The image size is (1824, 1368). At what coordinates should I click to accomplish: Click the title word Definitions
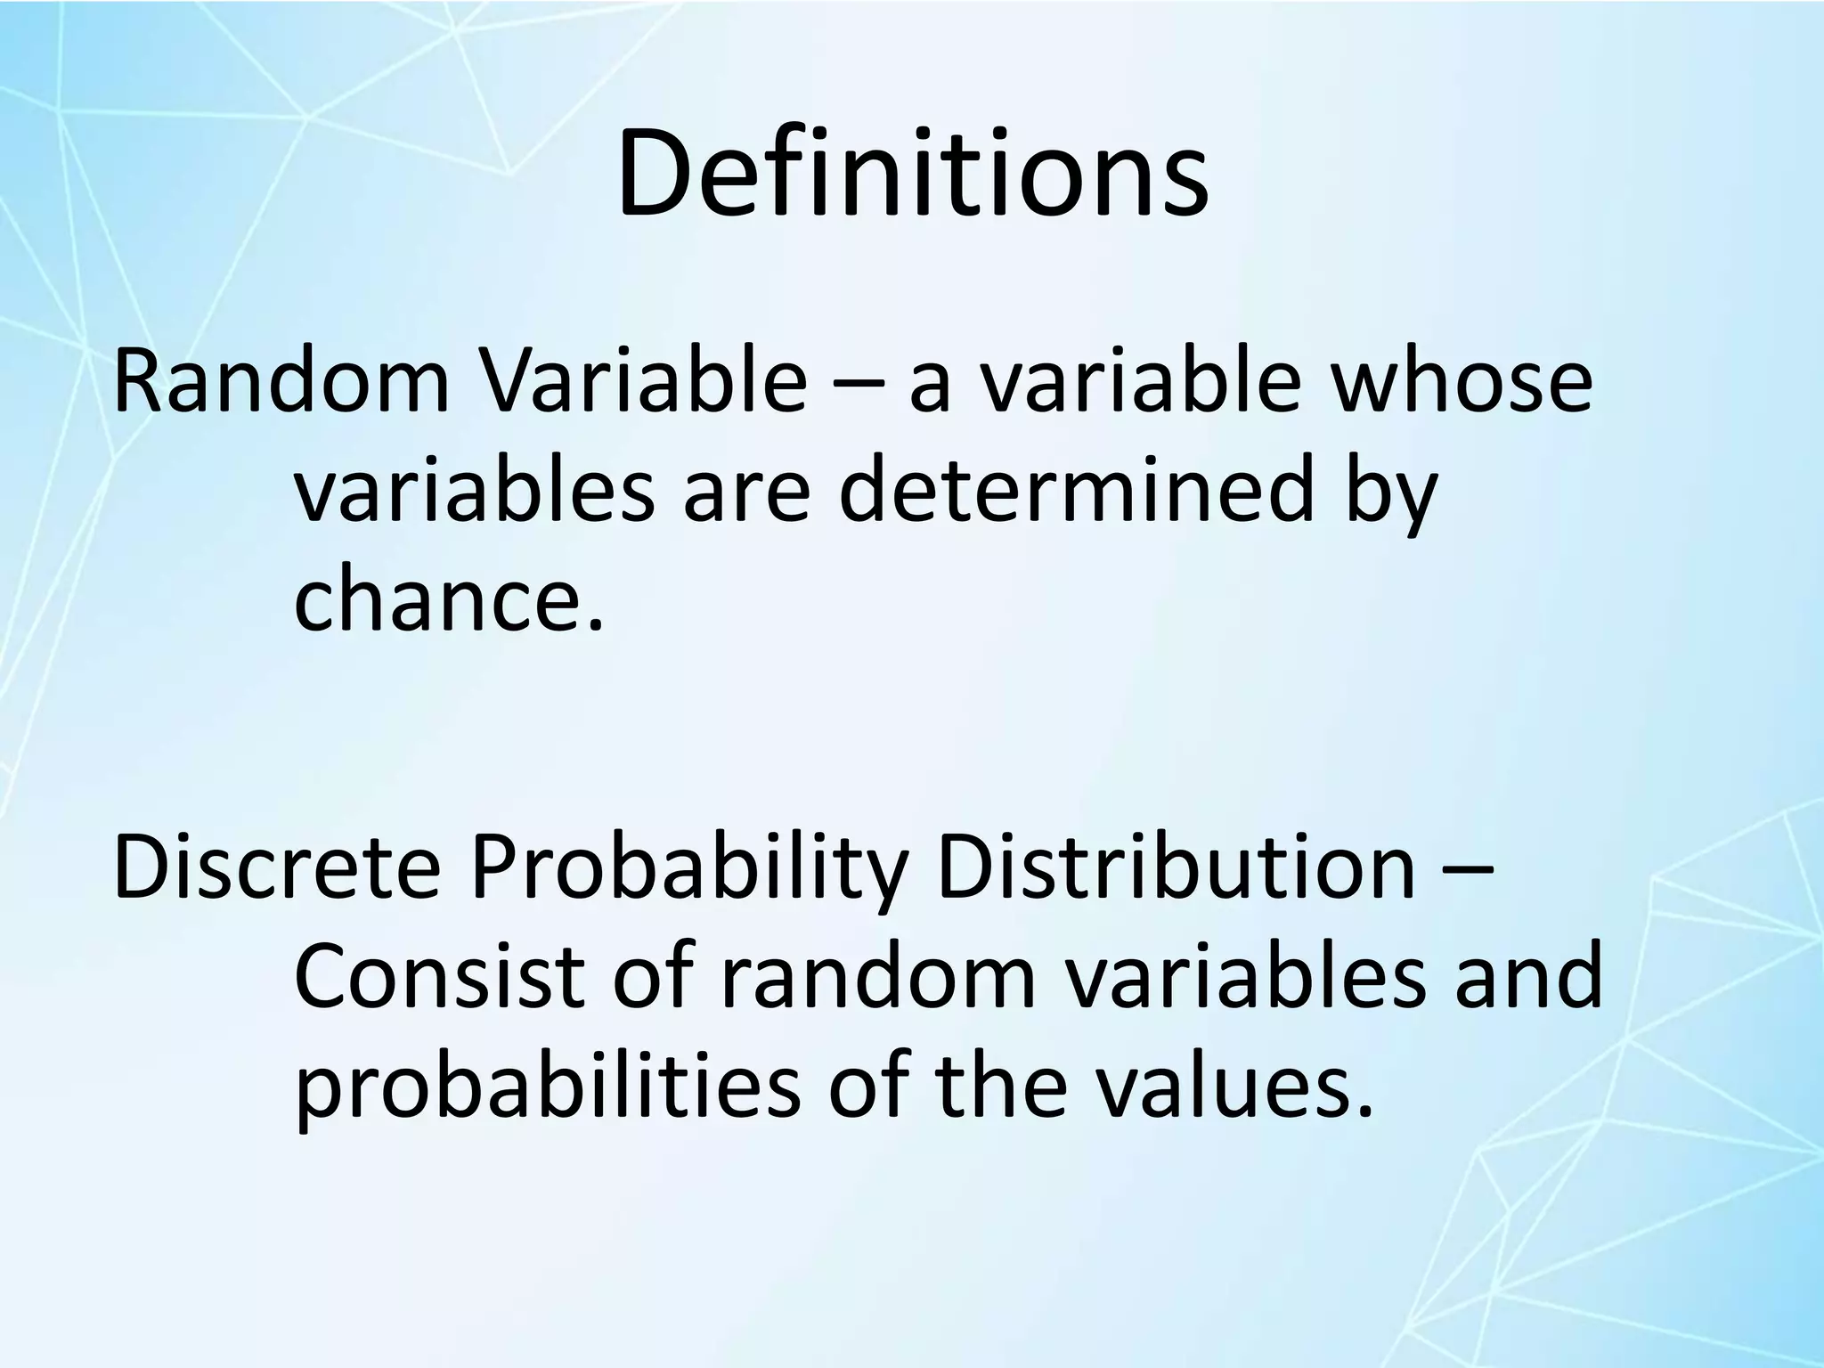(912, 174)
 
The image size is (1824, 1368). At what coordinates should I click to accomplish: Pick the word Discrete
(277, 867)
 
